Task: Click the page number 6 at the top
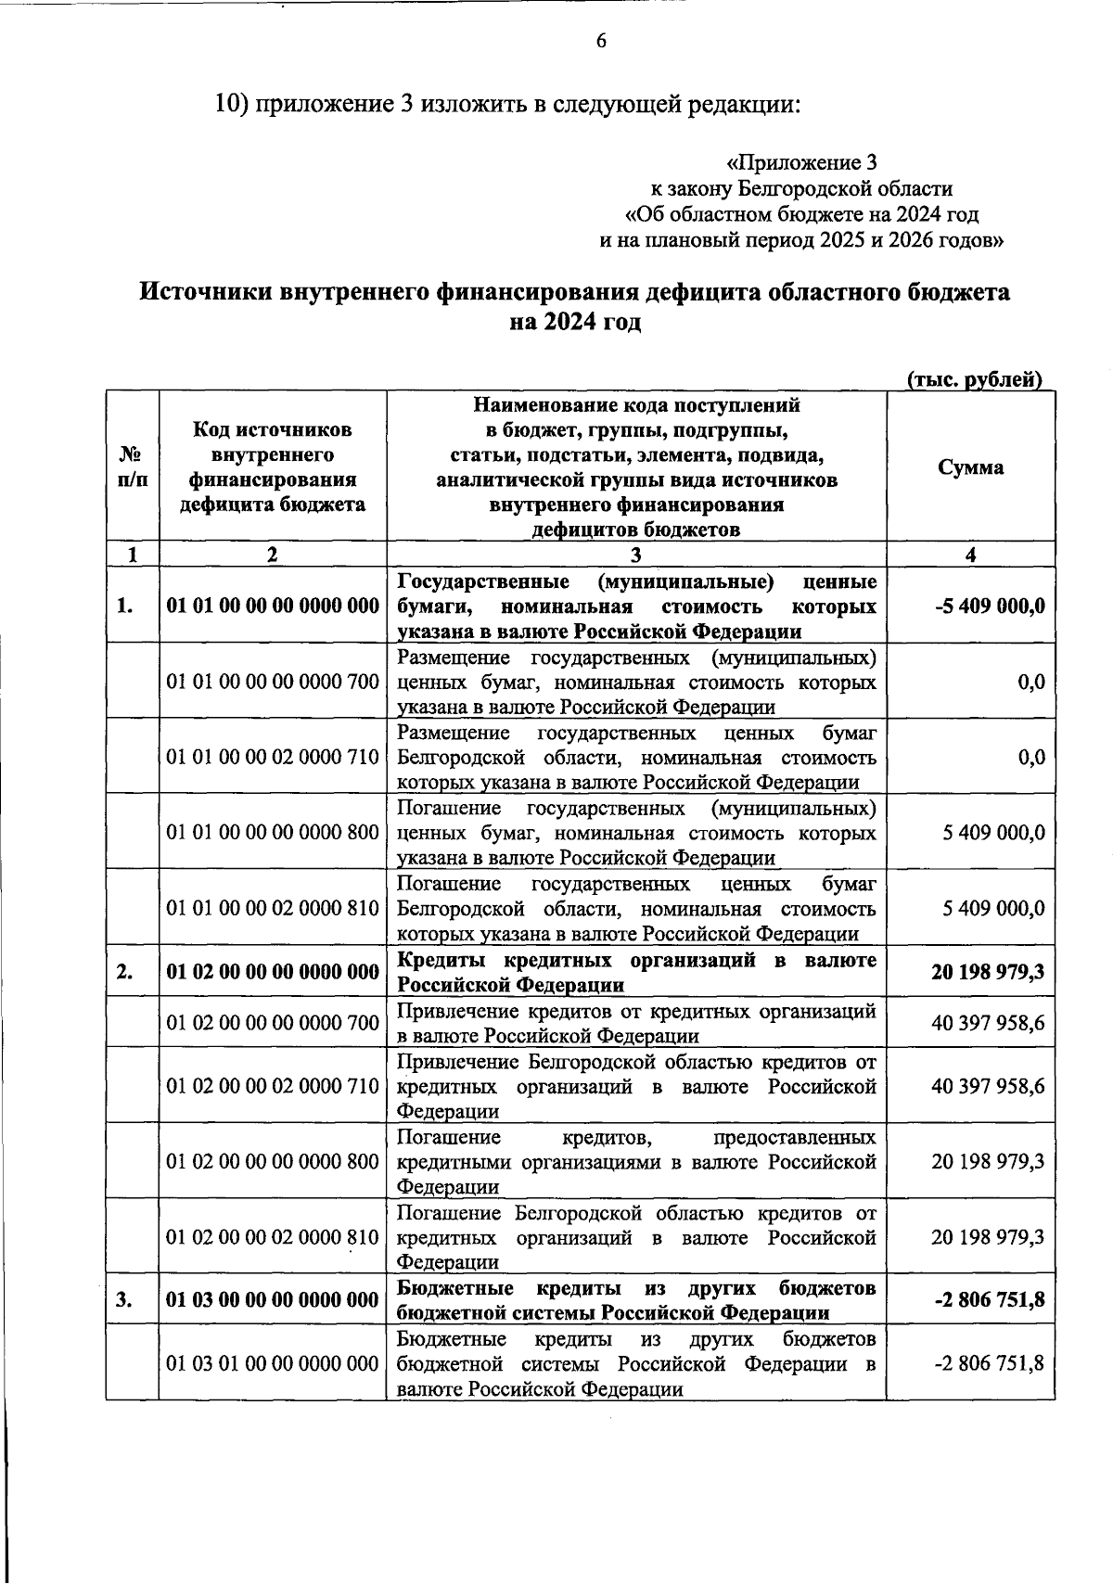tap(601, 42)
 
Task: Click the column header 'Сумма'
tap(970, 467)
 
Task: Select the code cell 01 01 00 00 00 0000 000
tap(273, 607)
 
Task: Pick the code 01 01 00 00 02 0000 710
tap(273, 758)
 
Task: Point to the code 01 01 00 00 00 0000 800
tap(273, 833)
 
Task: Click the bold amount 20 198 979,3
tap(987, 972)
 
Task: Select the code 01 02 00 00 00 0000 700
tap(273, 1023)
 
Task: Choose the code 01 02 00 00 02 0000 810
tap(273, 1237)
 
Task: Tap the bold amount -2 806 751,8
tap(990, 1300)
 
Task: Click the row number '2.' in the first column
tap(124, 972)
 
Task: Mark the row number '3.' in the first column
tap(124, 1300)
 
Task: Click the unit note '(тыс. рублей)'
tap(974, 379)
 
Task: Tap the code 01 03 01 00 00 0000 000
tap(273, 1364)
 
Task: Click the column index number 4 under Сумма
tap(970, 555)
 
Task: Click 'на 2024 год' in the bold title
tap(575, 323)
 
